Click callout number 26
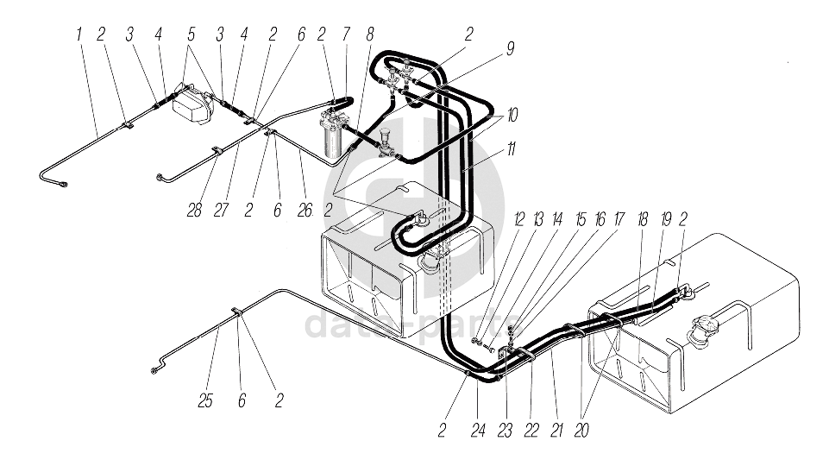[305, 210]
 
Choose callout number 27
[221, 210]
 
